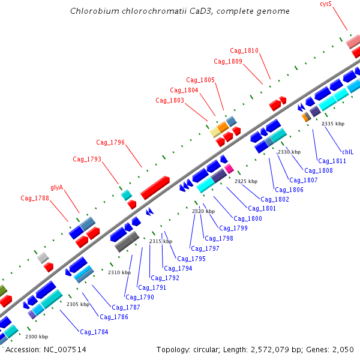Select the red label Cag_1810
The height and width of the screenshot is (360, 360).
(x=244, y=50)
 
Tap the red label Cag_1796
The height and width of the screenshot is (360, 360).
(x=110, y=142)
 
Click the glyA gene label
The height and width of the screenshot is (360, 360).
(x=57, y=187)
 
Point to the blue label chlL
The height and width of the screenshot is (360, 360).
(x=348, y=152)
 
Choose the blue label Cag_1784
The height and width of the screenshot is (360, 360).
(x=94, y=332)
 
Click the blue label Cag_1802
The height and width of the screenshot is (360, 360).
(x=275, y=199)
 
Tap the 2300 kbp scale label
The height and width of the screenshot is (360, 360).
(x=37, y=337)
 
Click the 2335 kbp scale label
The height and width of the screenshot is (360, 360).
(x=333, y=124)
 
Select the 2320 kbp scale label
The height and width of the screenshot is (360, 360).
(x=203, y=211)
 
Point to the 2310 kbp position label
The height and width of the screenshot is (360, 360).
(x=119, y=272)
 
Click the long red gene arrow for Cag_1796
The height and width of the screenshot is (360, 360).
(x=155, y=187)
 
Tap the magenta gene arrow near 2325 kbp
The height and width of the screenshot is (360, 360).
(x=229, y=169)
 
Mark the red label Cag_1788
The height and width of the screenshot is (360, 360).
(x=35, y=198)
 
